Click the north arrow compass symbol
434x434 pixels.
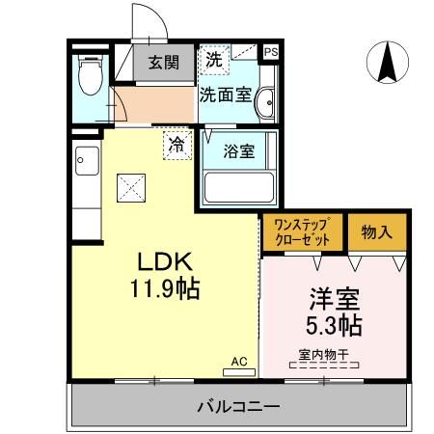390,63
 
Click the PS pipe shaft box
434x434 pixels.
270,52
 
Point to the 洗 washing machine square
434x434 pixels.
213,58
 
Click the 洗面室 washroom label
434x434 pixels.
225,95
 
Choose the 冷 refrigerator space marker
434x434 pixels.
176,146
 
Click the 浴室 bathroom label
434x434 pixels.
238,151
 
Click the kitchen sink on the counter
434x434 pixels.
82,158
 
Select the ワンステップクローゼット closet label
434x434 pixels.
302,232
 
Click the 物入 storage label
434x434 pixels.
377,232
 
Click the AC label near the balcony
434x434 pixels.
238,361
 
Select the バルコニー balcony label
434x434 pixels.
237,406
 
